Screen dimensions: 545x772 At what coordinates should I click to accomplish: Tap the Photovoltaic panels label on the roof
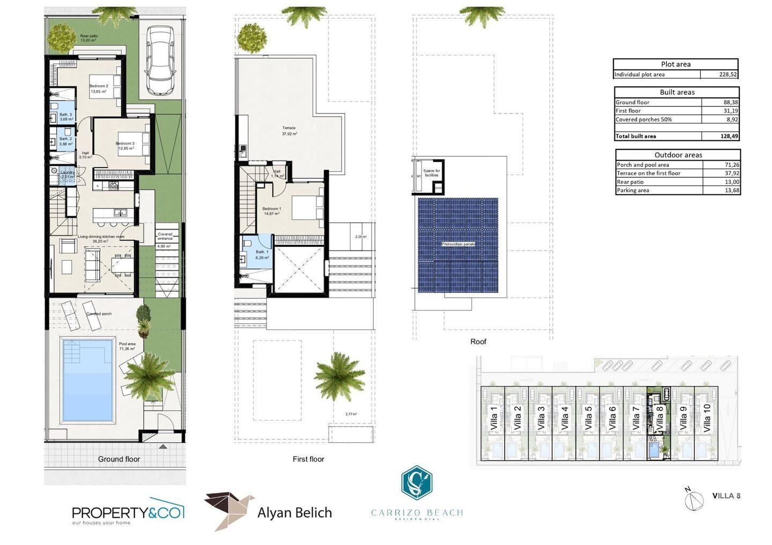[458, 244]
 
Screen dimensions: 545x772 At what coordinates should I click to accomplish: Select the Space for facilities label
[432, 173]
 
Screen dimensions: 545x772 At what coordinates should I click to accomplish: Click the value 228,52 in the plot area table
[728, 74]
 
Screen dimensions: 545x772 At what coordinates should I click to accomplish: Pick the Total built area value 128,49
[729, 136]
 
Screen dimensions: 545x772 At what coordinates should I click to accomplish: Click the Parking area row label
[633, 190]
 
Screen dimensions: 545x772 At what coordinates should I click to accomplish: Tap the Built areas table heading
[677, 92]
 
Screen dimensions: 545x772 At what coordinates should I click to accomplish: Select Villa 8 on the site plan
[659, 418]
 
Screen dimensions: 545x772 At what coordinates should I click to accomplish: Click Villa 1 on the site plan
[494, 418]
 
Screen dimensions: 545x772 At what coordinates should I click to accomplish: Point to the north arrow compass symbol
[694, 499]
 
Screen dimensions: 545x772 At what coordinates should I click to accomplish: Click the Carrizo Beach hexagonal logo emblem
[417, 482]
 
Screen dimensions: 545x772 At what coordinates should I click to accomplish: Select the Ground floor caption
[119, 459]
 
